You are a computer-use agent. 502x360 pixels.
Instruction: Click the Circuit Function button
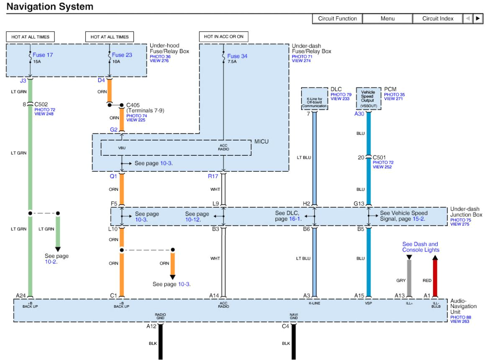pos(337,18)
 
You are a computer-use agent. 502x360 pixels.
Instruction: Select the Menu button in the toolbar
pos(387,18)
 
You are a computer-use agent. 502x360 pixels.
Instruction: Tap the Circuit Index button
pos(438,18)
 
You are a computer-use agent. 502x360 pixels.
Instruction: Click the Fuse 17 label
pos(44,55)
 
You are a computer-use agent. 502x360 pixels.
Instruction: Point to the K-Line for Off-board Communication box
pos(314,99)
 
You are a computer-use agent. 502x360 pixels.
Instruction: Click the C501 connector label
pos(380,157)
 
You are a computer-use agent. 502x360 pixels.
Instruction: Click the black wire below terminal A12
pos(160,343)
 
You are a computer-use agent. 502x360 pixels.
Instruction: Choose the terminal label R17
pos(213,176)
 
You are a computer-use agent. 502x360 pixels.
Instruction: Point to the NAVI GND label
pos(294,317)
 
